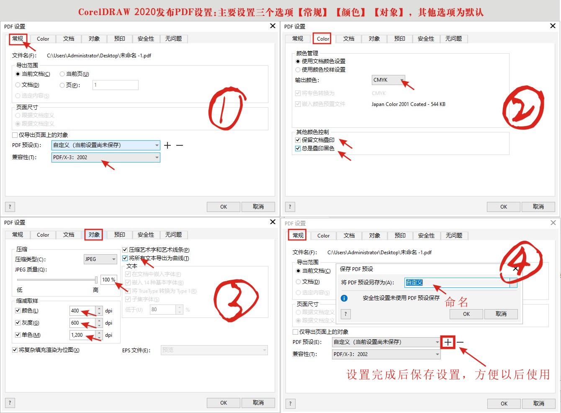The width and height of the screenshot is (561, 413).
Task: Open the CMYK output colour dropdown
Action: [388, 80]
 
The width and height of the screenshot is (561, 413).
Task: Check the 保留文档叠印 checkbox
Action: [298, 140]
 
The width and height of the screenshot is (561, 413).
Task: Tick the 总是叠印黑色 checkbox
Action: [298, 148]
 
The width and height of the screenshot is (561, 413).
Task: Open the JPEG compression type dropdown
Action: [100, 259]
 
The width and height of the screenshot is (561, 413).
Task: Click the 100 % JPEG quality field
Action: [108, 280]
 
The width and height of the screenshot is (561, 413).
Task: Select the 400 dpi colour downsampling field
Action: [82, 311]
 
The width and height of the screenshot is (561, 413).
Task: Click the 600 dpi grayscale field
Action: [82, 323]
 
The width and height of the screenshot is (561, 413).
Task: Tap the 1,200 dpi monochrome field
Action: [82, 335]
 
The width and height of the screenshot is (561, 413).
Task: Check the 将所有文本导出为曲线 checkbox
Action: [125, 258]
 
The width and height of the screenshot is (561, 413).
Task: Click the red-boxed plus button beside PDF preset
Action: [448, 342]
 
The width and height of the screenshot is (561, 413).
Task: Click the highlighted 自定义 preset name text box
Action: [456, 283]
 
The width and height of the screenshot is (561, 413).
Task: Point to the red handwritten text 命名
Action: [456, 302]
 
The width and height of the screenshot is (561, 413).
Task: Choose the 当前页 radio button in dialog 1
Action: [62, 74]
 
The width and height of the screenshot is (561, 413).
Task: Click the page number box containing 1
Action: [115, 85]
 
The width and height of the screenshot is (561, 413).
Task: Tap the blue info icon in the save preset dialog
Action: [344, 298]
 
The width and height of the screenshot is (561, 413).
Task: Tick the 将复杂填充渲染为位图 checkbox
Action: [15, 350]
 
